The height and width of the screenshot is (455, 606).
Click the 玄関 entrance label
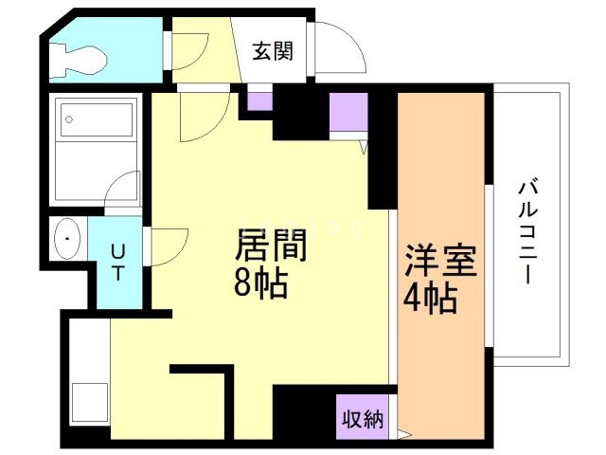tap(272, 52)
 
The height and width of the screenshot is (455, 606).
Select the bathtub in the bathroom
tap(98, 120)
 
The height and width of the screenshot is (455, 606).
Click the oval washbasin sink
tap(69, 239)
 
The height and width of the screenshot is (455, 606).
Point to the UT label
tap(118, 261)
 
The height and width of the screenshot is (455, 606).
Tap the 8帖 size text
tap(260, 283)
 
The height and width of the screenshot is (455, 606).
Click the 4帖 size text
tap(431, 300)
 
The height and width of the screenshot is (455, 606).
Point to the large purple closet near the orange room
tap(348, 114)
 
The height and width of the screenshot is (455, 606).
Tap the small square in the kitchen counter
tap(90, 403)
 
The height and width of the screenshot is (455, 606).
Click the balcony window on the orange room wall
tap(490, 265)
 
